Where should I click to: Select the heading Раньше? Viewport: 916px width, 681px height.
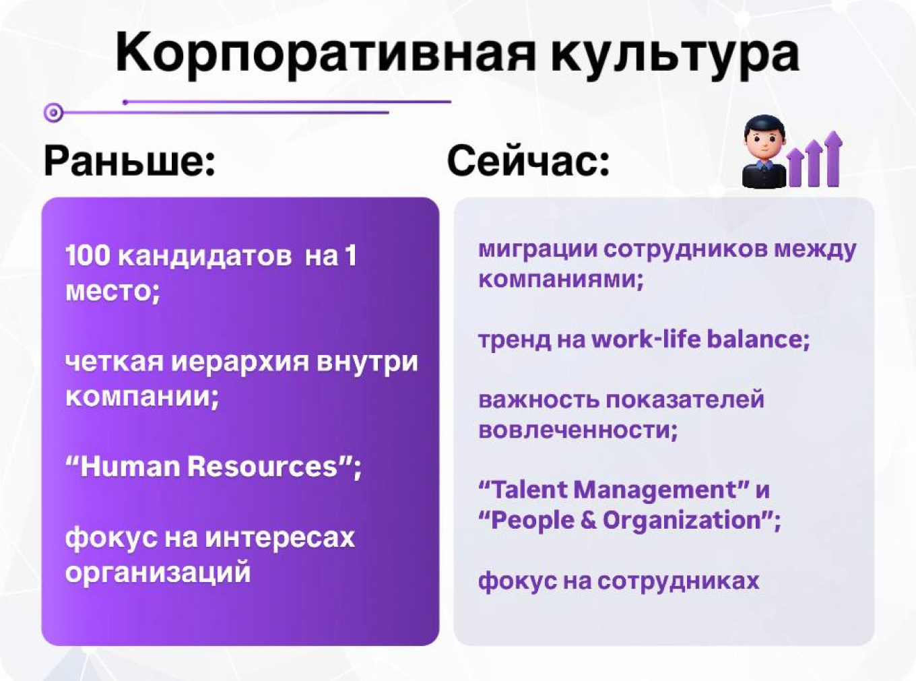[130, 161]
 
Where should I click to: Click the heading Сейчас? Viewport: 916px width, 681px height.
[528, 161]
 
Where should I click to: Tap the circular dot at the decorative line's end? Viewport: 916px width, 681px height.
[54, 112]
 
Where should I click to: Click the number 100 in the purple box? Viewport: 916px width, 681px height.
[88, 256]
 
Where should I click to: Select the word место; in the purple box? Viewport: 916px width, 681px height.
[112, 291]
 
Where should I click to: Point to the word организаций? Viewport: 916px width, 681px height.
[158, 573]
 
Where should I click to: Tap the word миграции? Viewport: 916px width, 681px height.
[537, 249]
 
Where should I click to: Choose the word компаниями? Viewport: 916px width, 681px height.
[560, 279]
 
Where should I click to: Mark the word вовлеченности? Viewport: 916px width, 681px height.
[577, 430]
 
